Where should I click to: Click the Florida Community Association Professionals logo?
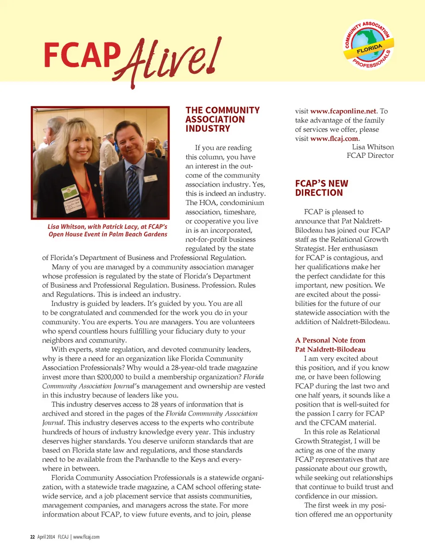pyautogui.click(x=368, y=45)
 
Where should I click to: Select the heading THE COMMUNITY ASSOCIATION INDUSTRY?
pyautogui.click(x=222, y=119)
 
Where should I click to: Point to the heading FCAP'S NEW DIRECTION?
pyautogui.click(x=321, y=188)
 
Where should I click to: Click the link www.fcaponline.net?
pyautogui.click(x=343, y=111)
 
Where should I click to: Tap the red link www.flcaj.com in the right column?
pyautogui.click(x=334, y=139)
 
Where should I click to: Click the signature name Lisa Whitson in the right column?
pyautogui.click(x=373, y=147)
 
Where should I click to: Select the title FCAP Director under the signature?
pyautogui.click(x=370, y=156)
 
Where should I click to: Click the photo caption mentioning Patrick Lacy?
pyautogui.click(x=108, y=230)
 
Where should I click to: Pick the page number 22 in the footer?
pyautogui.click(x=32, y=537)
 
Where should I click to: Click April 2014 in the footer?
pyautogui.click(x=46, y=537)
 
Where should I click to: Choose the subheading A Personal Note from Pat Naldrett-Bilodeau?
pyautogui.click(x=330, y=345)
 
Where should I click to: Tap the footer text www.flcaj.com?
pyautogui.click(x=86, y=537)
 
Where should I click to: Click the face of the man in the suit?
pyautogui.click(x=131, y=143)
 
